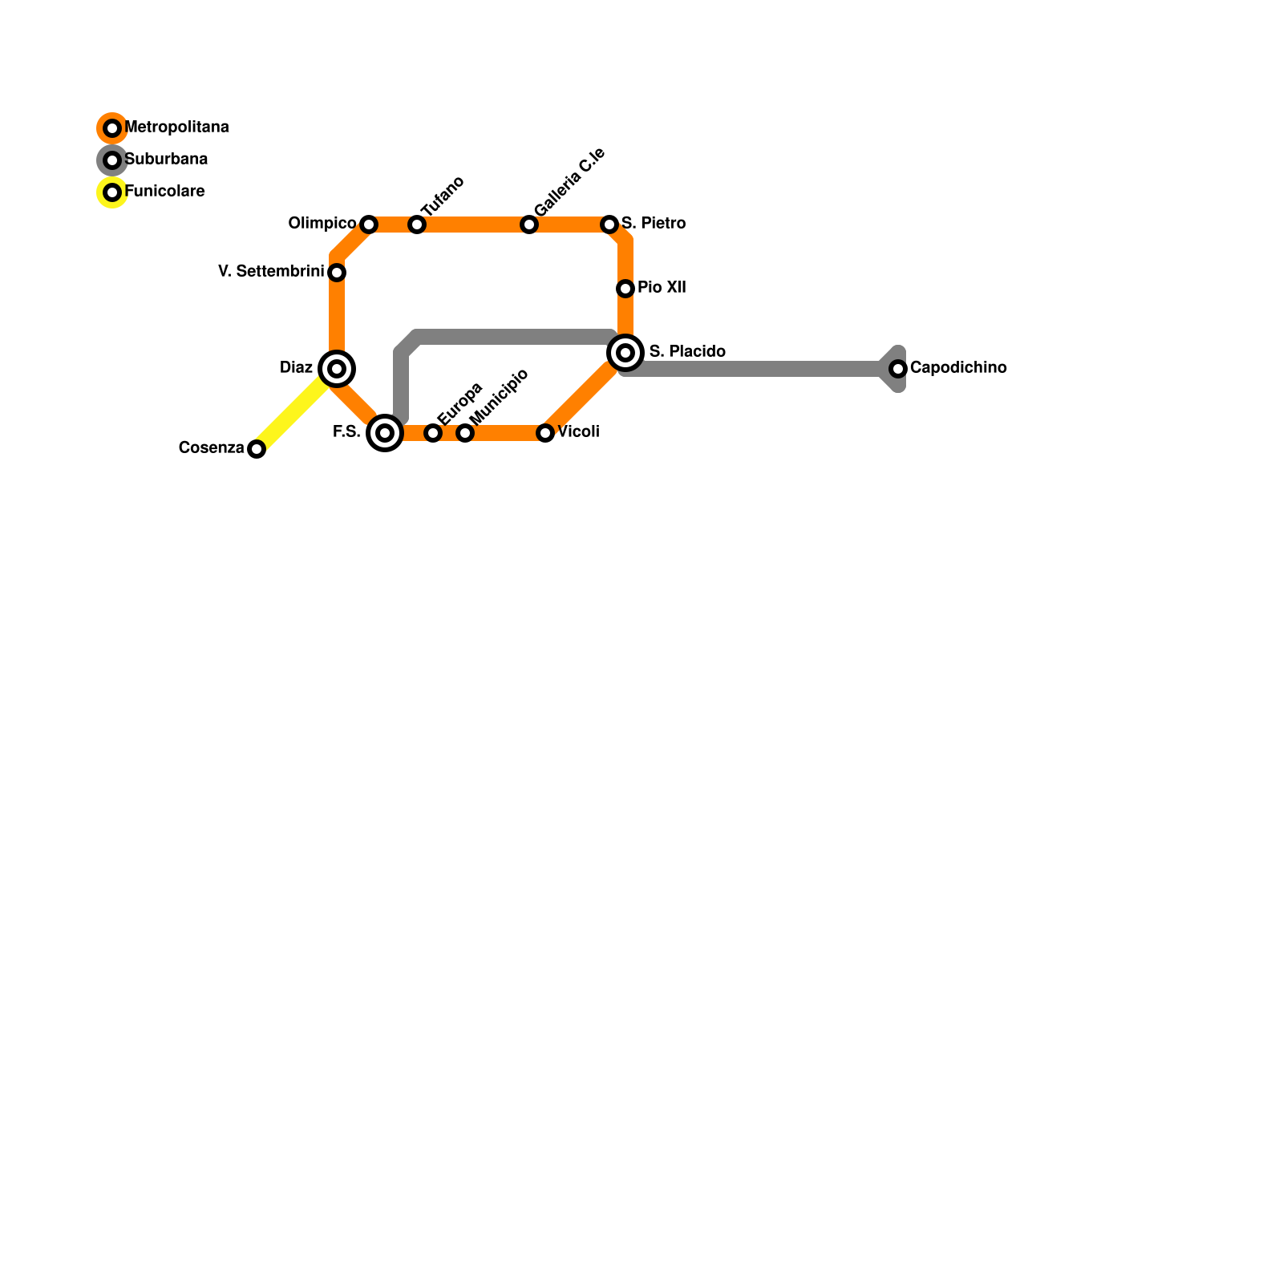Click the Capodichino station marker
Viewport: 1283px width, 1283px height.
click(x=898, y=369)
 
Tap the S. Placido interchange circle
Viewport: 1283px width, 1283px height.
click(x=625, y=353)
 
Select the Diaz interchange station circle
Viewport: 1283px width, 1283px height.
click(x=337, y=369)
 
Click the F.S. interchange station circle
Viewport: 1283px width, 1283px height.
click(x=385, y=433)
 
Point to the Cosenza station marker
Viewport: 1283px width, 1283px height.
click(x=257, y=449)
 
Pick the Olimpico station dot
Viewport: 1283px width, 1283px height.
click(x=369, y=225)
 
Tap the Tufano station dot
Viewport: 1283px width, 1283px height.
click(x=417, y=225)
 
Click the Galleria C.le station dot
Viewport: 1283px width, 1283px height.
click(x=529, y=225)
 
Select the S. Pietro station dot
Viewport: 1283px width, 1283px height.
click(x=609, y=225)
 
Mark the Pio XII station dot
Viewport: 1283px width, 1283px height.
click(x=625, y=289)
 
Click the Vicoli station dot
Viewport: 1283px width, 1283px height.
click(x=545, y=433)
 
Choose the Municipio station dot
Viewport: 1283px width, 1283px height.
click(x=465, y=433)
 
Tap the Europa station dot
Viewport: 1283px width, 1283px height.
click(x=433, y=433)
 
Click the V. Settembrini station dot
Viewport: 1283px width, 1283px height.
click(x=337, y=273)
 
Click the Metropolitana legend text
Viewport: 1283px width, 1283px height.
click(x=177, y=127)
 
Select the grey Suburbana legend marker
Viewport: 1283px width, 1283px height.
click(x=112, y=160)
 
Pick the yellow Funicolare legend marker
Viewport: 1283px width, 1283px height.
click(x=112, y=192)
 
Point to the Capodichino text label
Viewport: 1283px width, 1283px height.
click(x=958, y=368)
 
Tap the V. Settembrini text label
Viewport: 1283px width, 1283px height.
click(x=270, y=272)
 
